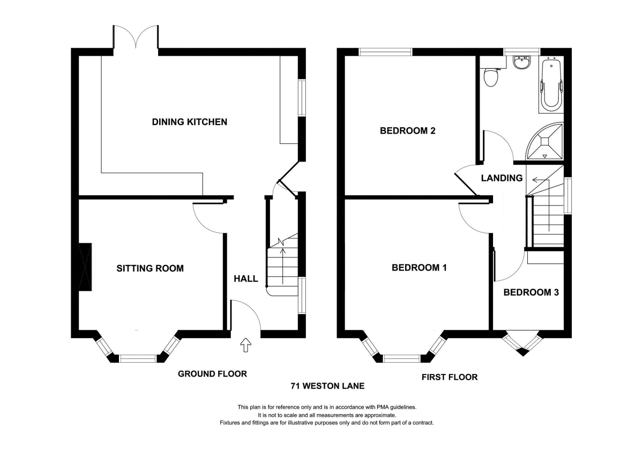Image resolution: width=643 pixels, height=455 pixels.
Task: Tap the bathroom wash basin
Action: [522, 63]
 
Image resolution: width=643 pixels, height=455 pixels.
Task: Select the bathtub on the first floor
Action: [551, 84]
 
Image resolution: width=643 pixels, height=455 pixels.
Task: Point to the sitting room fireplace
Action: [85, 267]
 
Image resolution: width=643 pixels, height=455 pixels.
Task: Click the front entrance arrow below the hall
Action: [246, 344]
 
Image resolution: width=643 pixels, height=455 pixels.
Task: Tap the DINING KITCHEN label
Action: [190, 122]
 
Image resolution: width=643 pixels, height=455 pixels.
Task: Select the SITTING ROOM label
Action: [150, 268]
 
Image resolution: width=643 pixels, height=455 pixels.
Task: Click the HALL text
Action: [246, 278]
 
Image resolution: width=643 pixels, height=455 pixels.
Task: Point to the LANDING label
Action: [502, 178]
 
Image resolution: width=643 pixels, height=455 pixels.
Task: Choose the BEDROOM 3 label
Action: [531, 292]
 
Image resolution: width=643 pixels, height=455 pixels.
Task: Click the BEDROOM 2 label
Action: [408, 131]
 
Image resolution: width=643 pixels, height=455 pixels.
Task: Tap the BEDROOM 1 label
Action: [419, 268]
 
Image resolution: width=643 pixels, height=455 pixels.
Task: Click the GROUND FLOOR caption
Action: [212, 373]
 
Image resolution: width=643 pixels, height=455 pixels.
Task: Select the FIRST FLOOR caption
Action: [450, 377]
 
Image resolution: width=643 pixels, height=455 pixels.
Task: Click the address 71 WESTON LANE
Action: [327, 386]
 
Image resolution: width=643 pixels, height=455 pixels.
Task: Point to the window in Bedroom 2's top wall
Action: [385, 52]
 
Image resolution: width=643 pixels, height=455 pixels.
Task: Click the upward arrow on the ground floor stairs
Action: [283, 266]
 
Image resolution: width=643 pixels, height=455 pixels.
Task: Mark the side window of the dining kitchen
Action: [302, 98]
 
